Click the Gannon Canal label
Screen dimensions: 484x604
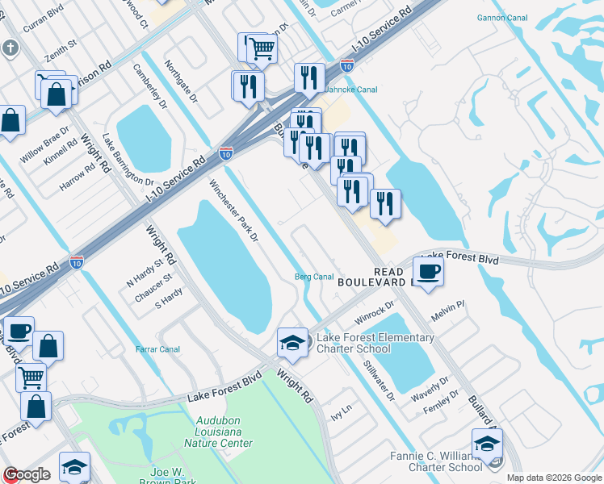pyautogui.click(x=501, y=17)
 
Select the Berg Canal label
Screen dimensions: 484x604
pyautogui.click(x=313, y=277)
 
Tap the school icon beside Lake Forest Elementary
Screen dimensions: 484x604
pyautogui.click(x=292, y=342)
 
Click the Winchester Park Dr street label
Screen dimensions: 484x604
pyautogui.click(x=233, y=211)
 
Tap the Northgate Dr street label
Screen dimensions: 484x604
pyautogui.click(x=181, y=81)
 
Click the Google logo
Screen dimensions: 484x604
pyautogui.click(x=27, y=474)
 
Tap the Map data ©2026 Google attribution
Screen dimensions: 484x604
pyautogui.click(x=553, y=478)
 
